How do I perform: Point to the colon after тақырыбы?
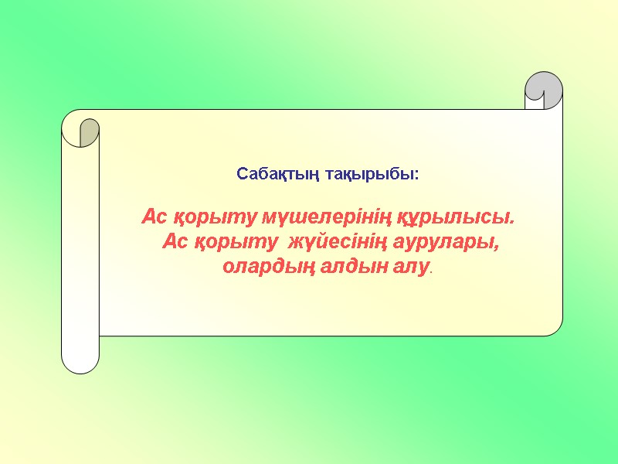click(x=417, y=176)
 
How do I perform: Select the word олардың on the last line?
click(x=260, y=268)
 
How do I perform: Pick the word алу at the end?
click(x=397, y=268)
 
